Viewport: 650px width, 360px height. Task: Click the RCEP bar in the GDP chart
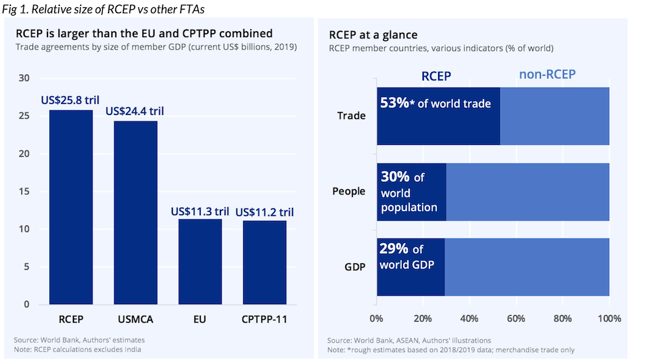click(71, 207)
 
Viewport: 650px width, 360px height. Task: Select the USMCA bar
click(136, 212)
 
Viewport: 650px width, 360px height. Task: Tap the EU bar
click(200, 262)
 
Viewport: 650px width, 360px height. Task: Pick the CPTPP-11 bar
click(265, 263)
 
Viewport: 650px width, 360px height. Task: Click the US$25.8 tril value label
click(70, 100)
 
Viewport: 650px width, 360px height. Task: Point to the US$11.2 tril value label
click(265, 212)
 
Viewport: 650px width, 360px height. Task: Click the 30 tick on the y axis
click(24, 78)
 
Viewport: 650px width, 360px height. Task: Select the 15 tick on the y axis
click(24, 192)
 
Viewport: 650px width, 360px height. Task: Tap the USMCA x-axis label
click(136, 320)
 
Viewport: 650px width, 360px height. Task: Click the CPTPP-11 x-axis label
click(265, 320)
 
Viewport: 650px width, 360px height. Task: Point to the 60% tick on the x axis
click(516, 318)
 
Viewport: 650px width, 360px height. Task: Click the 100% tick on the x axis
click(610, 318)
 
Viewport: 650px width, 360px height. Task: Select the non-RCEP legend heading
click(547, 74)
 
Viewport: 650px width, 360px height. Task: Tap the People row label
click(348, 192)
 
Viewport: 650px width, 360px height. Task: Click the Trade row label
click(351, 116)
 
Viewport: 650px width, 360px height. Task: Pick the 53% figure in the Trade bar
click(395, 103)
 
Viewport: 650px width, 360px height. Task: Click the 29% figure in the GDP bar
click(394, 249)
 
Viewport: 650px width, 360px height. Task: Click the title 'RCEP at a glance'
click(373, 35)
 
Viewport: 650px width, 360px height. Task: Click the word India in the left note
click(133, 350)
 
